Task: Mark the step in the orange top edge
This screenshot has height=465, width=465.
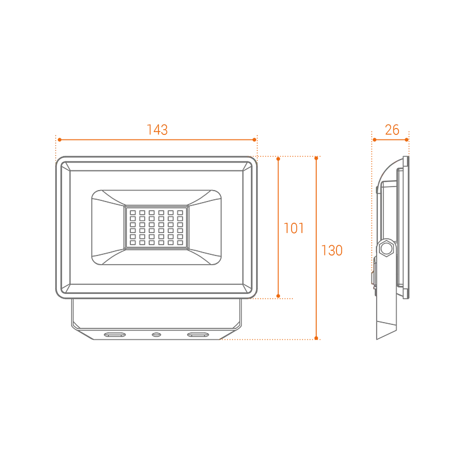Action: (148, 130)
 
